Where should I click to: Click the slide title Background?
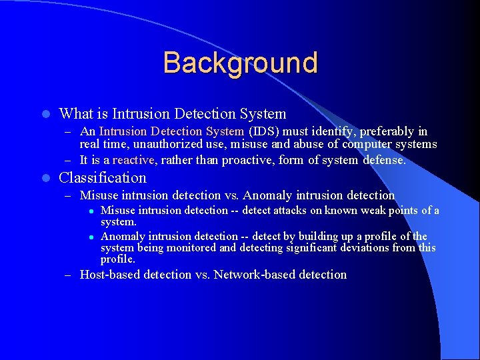click(x=240, y=63)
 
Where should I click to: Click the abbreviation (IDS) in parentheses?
click(x=265, y=131)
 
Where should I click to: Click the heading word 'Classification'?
click(x=103, y=178)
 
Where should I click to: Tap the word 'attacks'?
click(x=291, y=211)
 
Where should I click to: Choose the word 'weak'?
click(x=367, y=211)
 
